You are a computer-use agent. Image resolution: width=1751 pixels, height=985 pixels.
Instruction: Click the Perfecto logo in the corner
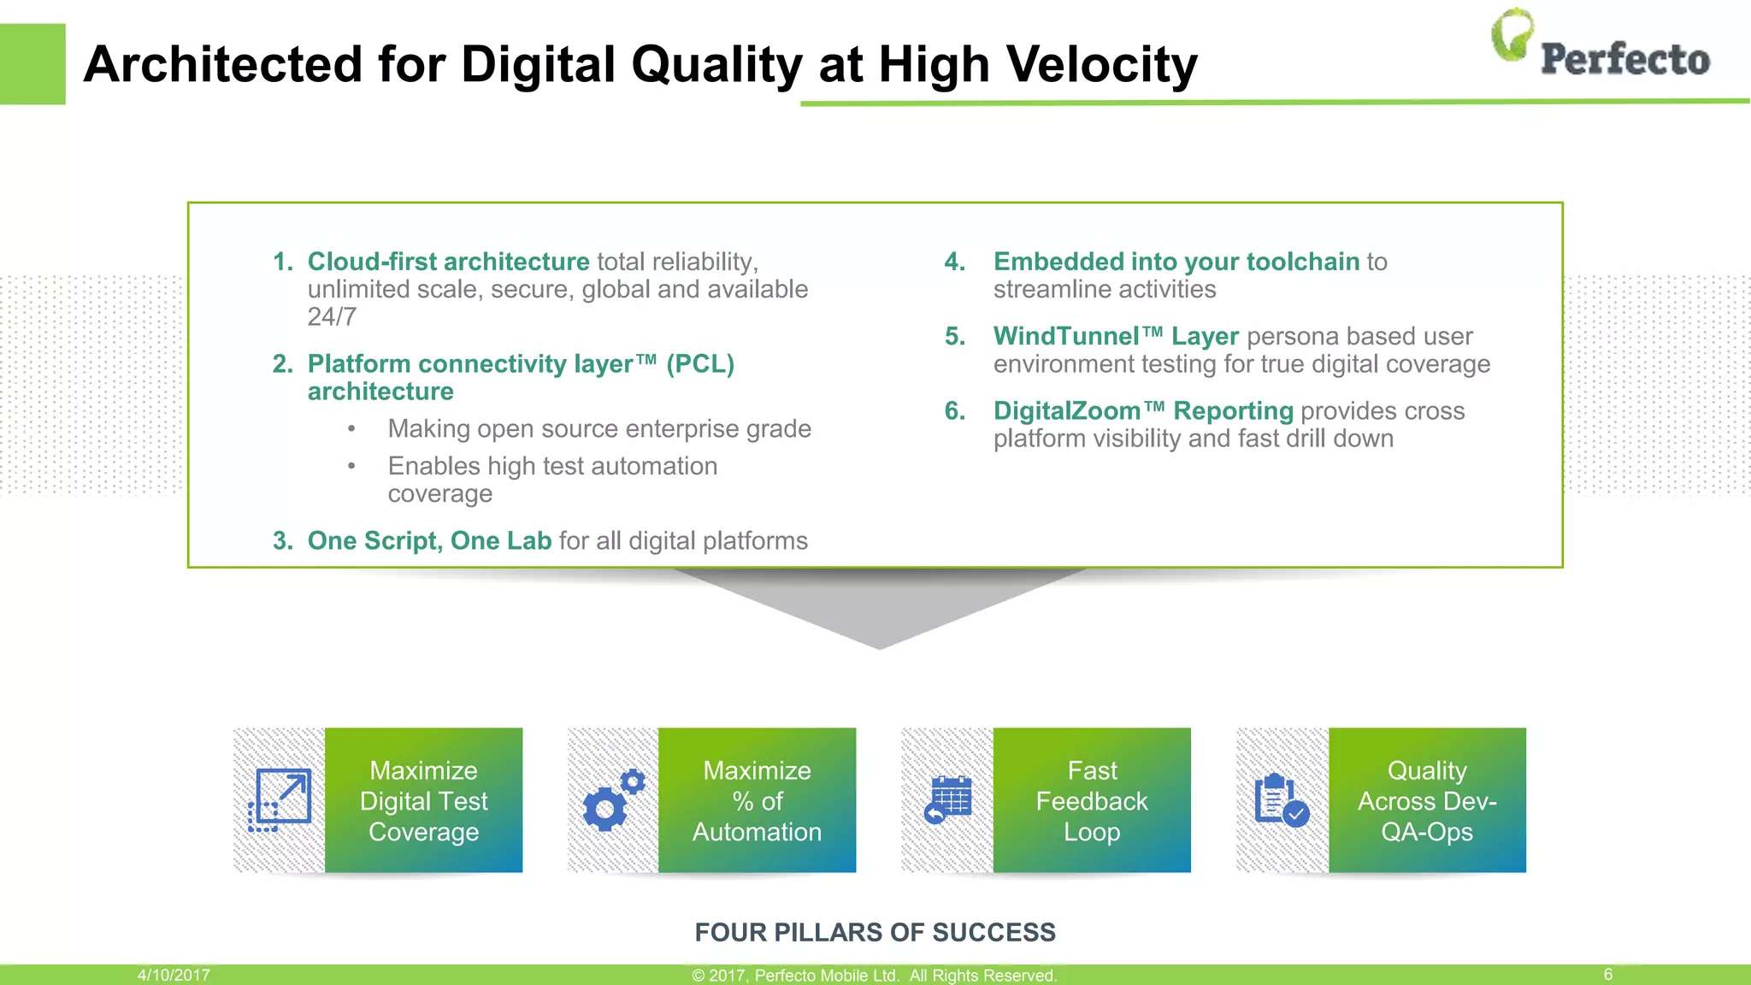point(1601,47)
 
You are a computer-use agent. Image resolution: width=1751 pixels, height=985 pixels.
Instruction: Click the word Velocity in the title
point(1102,64)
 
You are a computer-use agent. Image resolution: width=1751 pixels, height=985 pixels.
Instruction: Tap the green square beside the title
point(32,64)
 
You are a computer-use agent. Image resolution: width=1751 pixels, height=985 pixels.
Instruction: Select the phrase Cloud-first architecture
point(448,262)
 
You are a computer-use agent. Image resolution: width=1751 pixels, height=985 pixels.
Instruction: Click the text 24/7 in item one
point(332,317)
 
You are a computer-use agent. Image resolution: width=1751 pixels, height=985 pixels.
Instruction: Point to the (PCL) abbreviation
point(700,364)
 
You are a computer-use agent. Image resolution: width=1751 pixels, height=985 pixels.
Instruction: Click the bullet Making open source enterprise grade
point(598,428)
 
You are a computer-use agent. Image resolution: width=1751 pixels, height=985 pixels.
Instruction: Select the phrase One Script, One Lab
point(429,541)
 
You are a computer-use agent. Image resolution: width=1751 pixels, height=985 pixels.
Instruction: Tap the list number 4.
point(954,262)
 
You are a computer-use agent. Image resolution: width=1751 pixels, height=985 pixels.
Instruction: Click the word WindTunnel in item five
point(1065,337)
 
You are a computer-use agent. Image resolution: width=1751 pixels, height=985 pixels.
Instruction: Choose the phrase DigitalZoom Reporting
point(1142,411)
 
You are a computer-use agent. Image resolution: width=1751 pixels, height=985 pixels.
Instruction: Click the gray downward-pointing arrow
point(879,607)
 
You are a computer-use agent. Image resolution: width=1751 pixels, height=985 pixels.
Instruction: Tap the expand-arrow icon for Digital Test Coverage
point(280,800)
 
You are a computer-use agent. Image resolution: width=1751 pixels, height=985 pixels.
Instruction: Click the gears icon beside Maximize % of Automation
point(613,800)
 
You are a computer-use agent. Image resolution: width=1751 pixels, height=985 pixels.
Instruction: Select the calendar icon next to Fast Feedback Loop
point(947,800)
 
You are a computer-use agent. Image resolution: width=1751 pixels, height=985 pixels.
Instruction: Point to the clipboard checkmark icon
point(1281,800)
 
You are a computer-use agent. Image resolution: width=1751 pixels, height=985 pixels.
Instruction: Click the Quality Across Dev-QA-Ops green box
point(1427,800)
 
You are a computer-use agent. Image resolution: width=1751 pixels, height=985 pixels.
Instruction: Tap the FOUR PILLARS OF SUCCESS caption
point(875,932)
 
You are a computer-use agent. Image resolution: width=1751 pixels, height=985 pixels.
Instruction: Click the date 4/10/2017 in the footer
point(174,975)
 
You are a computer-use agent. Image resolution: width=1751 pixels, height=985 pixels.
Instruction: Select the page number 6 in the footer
point(1607,975)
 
